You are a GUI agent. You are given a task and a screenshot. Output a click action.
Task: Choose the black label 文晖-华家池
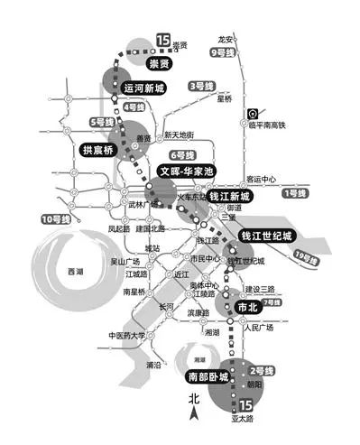(183, 171)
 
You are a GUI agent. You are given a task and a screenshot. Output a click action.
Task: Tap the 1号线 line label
(295, 193)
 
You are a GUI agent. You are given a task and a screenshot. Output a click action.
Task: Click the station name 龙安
(226, 40)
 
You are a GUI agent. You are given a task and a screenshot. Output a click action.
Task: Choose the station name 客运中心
(262, 179)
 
